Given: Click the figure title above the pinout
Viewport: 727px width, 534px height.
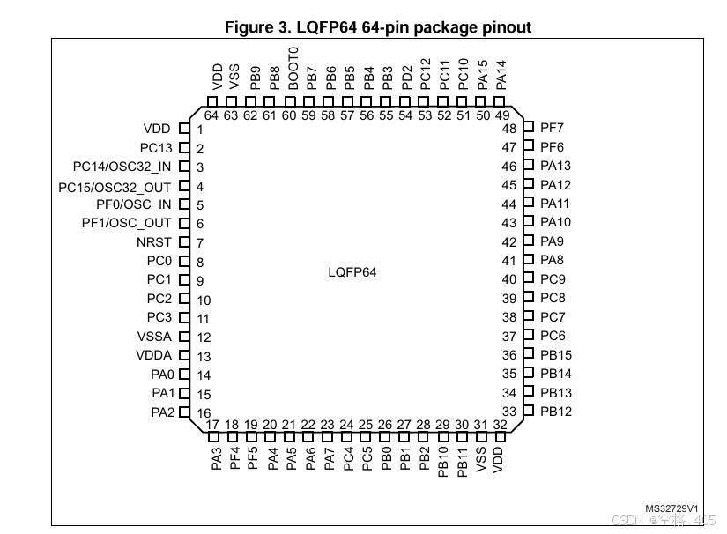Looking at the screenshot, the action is [x=378, y=27].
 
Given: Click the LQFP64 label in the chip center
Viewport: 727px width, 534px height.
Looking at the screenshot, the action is [x=352, y=272].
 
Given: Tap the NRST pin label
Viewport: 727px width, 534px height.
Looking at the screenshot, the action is [x=154, y=242].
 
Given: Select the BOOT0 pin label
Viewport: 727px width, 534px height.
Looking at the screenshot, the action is [x=293, y=74].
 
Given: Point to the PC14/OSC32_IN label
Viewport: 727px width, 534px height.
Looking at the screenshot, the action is [x=122, y=167].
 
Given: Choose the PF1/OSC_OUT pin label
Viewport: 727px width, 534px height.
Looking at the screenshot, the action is [x=126, y=223].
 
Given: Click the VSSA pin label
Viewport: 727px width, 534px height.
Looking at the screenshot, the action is [x=154, y=337].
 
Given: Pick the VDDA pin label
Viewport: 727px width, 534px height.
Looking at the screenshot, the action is [x=154, y=356].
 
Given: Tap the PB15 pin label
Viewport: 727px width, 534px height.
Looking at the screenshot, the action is [x=556, y=355].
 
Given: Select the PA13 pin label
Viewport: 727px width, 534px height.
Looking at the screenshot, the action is [x=555, y=166].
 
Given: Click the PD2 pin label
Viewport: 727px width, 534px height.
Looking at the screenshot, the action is [x=406, y=78].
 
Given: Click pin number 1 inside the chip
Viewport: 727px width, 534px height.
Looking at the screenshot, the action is [x=200, y=130].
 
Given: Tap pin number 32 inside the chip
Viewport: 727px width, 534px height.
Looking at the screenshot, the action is [x=500, y=425].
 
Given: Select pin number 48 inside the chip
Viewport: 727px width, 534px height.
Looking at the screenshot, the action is [x=509, y=129].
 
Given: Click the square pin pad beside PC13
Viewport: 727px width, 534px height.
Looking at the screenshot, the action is [x=185, y=148].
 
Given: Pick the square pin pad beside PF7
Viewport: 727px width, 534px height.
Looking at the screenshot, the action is [x=529, y=128].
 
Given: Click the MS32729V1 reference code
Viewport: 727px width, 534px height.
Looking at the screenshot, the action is [x=671, y=508].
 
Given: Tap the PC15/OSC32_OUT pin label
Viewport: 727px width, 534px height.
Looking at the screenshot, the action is [x=115, y=186].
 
